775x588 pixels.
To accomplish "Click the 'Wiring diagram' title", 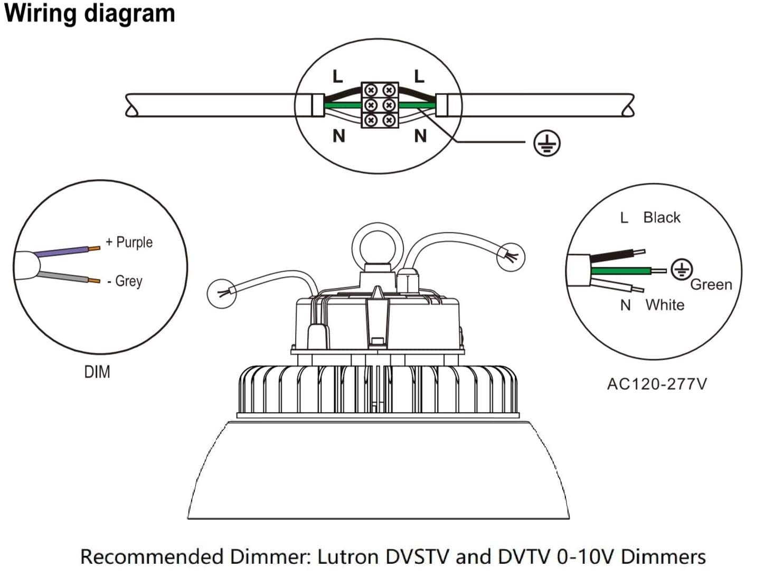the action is point(89,14).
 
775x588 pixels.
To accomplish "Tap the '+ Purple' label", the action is point(129,242).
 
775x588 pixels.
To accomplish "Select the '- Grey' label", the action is point(125,281).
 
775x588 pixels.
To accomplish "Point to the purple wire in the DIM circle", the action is point(61,251).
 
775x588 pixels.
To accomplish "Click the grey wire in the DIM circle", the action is point(63,277).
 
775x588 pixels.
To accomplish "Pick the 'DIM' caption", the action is point(97,372).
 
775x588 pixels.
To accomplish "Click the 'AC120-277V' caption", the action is point(657,384).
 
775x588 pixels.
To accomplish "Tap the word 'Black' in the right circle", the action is point(661,218).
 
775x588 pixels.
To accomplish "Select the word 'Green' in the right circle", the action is point(711,284).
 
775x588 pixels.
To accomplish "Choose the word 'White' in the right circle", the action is point(665,305).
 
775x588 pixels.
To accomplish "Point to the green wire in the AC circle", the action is point(620,271).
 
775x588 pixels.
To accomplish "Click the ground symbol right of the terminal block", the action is point(546,143).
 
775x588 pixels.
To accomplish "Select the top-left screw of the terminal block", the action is point(371,90).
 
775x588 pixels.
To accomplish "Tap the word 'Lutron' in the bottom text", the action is point(347,557).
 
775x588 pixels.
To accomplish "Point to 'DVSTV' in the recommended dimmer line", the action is point(417,557).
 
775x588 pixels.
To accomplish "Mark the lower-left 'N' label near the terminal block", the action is point(338,136).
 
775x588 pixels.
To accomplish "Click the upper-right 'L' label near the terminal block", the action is point(419,76).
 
